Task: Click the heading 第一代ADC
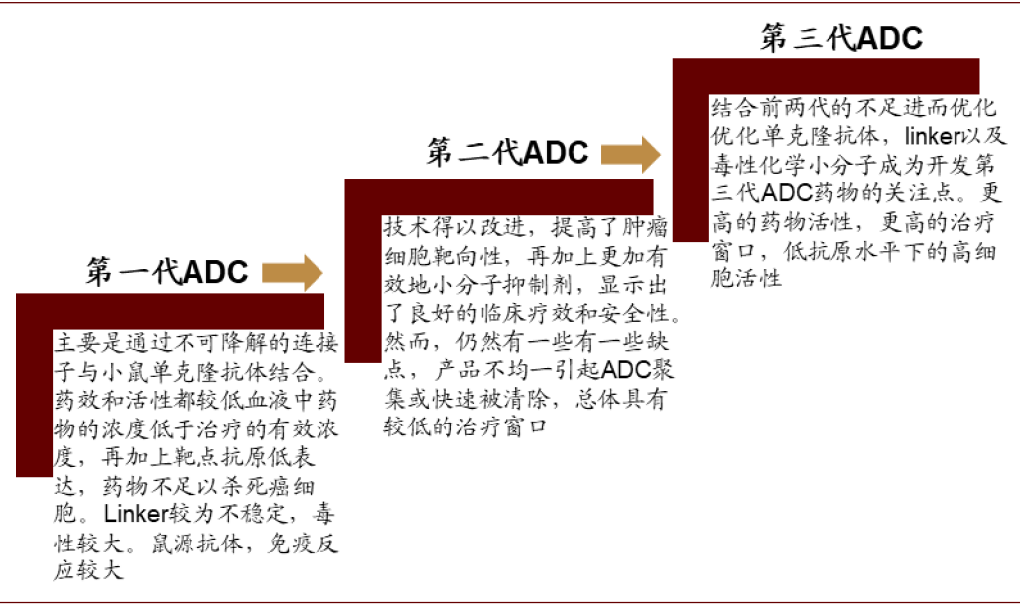(x=167, y=272)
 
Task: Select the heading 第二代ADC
(x=507, y=152)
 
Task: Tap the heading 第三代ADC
(x=841, y=37)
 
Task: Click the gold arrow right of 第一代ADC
(x=292, y=272)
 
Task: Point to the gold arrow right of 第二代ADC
(x=630, y=154)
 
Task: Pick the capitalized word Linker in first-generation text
(x=136, y=514)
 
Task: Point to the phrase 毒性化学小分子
(x=794, y=165)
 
